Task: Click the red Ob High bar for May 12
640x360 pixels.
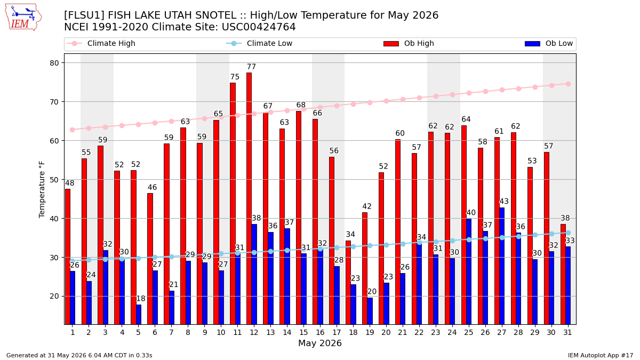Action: click(249, 198)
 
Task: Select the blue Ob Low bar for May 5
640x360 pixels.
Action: click(139, 315)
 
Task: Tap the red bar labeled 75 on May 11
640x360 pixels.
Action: click(233, 204)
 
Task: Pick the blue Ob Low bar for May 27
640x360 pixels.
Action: click(502, 266)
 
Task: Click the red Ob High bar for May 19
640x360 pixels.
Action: click(365, 269)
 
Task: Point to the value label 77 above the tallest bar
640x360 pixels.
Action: click(251, 67)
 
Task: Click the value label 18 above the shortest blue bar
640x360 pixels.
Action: click(141, 299)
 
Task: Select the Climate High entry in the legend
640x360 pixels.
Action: click(101, 43)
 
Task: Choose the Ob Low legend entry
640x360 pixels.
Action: click(549, 43)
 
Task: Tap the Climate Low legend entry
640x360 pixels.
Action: click(259, 43)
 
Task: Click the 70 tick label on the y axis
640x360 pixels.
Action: click(54, 102)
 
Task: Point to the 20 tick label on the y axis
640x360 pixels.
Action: click(54, 297)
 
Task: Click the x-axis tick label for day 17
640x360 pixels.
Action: click(337, 333)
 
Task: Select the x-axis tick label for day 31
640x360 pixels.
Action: click(567, 333)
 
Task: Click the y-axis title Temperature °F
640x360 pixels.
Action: click(42, 189)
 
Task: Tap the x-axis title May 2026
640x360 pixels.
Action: click(320, 343)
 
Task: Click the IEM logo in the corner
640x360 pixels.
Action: click(23, 18)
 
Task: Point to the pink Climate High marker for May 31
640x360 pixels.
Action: click(568, 84)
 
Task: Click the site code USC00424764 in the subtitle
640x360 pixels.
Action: click(259, 27)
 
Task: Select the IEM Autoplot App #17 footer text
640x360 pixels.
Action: click(601, 355)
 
